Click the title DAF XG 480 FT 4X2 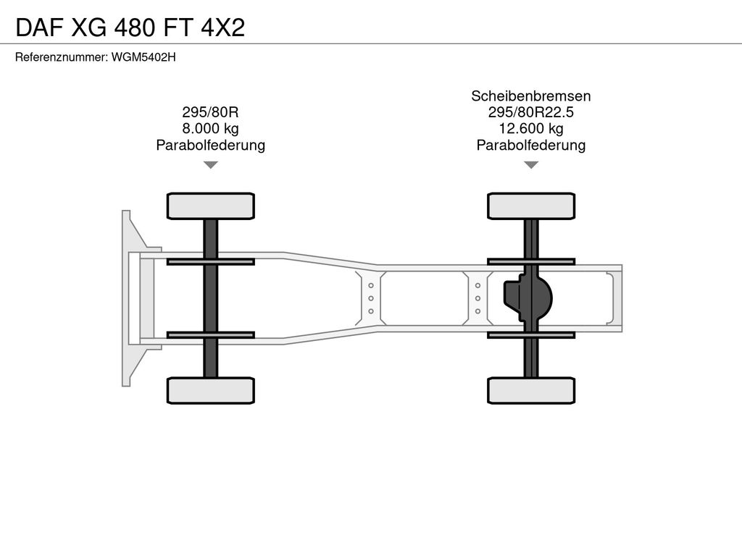(130, 28)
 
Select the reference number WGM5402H (143, 57)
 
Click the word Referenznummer (61, 57)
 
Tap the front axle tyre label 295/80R (211, 112)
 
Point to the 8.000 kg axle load (211, 129)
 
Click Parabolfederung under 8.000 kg (211, 145)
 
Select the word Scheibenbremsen (531, 96)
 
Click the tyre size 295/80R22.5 (531, 112)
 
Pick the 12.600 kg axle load (531, 129)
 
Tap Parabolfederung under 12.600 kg (531, 145)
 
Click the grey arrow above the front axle (211, 164)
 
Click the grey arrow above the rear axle (531, 164)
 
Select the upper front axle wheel (211, 206)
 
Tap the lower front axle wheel (211, 390)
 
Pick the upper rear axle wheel (531, 206)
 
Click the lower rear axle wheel (531, 390)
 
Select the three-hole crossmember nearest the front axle (370, 298)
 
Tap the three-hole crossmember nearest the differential (478, 298)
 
